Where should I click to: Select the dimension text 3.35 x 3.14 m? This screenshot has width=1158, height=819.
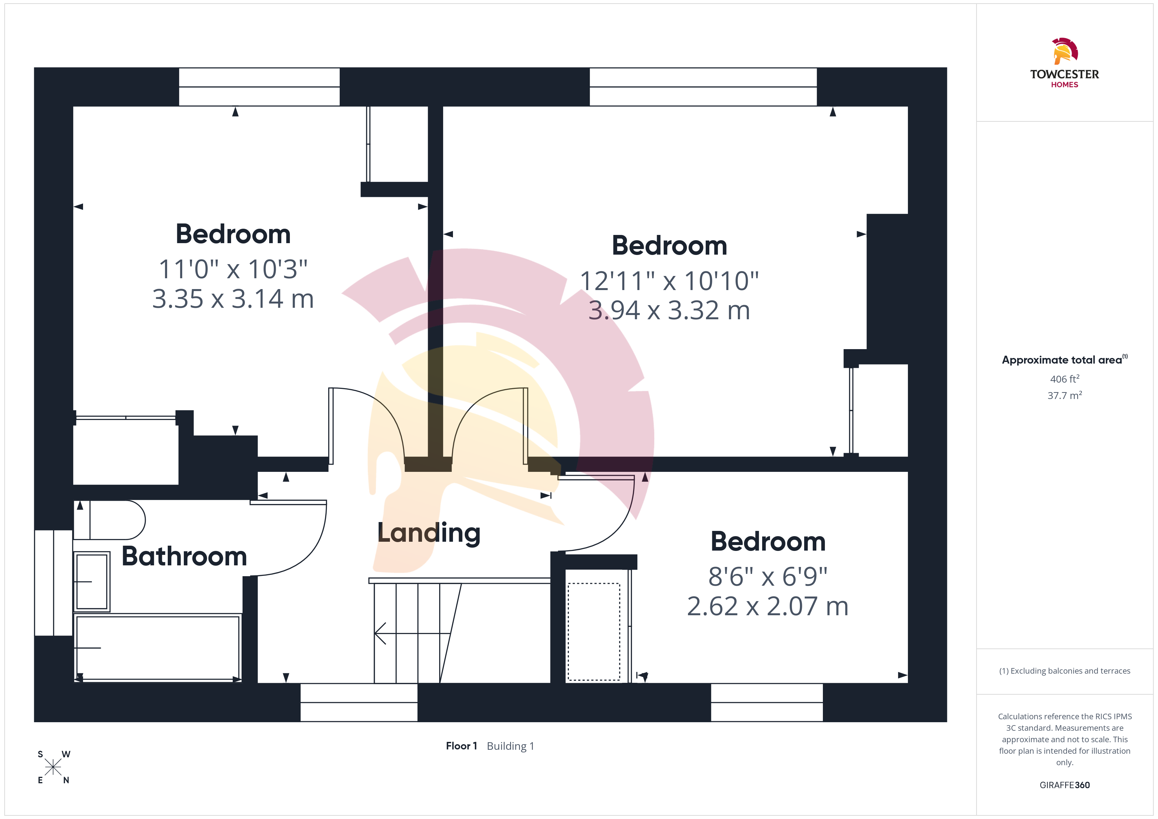233,299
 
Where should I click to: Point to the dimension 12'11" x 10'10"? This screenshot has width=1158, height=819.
669,281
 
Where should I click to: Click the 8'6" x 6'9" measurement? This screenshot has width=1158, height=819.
768,577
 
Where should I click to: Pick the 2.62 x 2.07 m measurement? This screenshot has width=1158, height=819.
768,606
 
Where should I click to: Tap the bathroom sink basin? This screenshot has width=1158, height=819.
92,581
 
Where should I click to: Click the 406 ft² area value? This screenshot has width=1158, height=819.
1065,379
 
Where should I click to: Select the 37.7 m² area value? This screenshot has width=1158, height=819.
1065,395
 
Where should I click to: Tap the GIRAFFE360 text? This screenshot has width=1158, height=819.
1065,785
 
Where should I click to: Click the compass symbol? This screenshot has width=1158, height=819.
53,767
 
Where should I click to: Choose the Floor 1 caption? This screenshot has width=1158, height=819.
461,746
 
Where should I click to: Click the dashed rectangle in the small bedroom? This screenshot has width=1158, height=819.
594,632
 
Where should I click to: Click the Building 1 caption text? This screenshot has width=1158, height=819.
510,746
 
